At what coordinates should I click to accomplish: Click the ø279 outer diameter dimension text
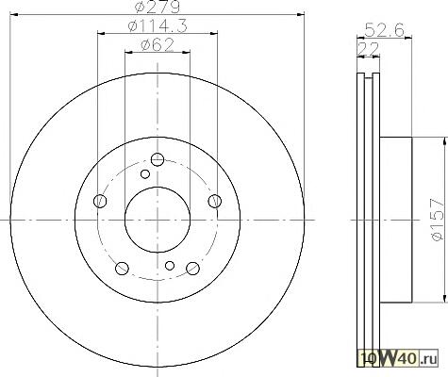pos(157,7)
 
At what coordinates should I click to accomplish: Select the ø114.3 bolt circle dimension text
pos(158,25)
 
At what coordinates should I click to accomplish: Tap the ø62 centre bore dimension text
pos(158,45)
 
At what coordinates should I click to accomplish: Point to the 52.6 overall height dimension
pos(384,30)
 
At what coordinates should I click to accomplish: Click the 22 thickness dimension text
pos(368,49)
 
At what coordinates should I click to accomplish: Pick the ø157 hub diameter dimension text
pos(438,220)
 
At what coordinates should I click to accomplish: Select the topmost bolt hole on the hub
pos(158,159)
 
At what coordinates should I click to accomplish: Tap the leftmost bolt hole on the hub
pos(100,201)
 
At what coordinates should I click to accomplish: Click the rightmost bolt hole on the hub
pos(215,201)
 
